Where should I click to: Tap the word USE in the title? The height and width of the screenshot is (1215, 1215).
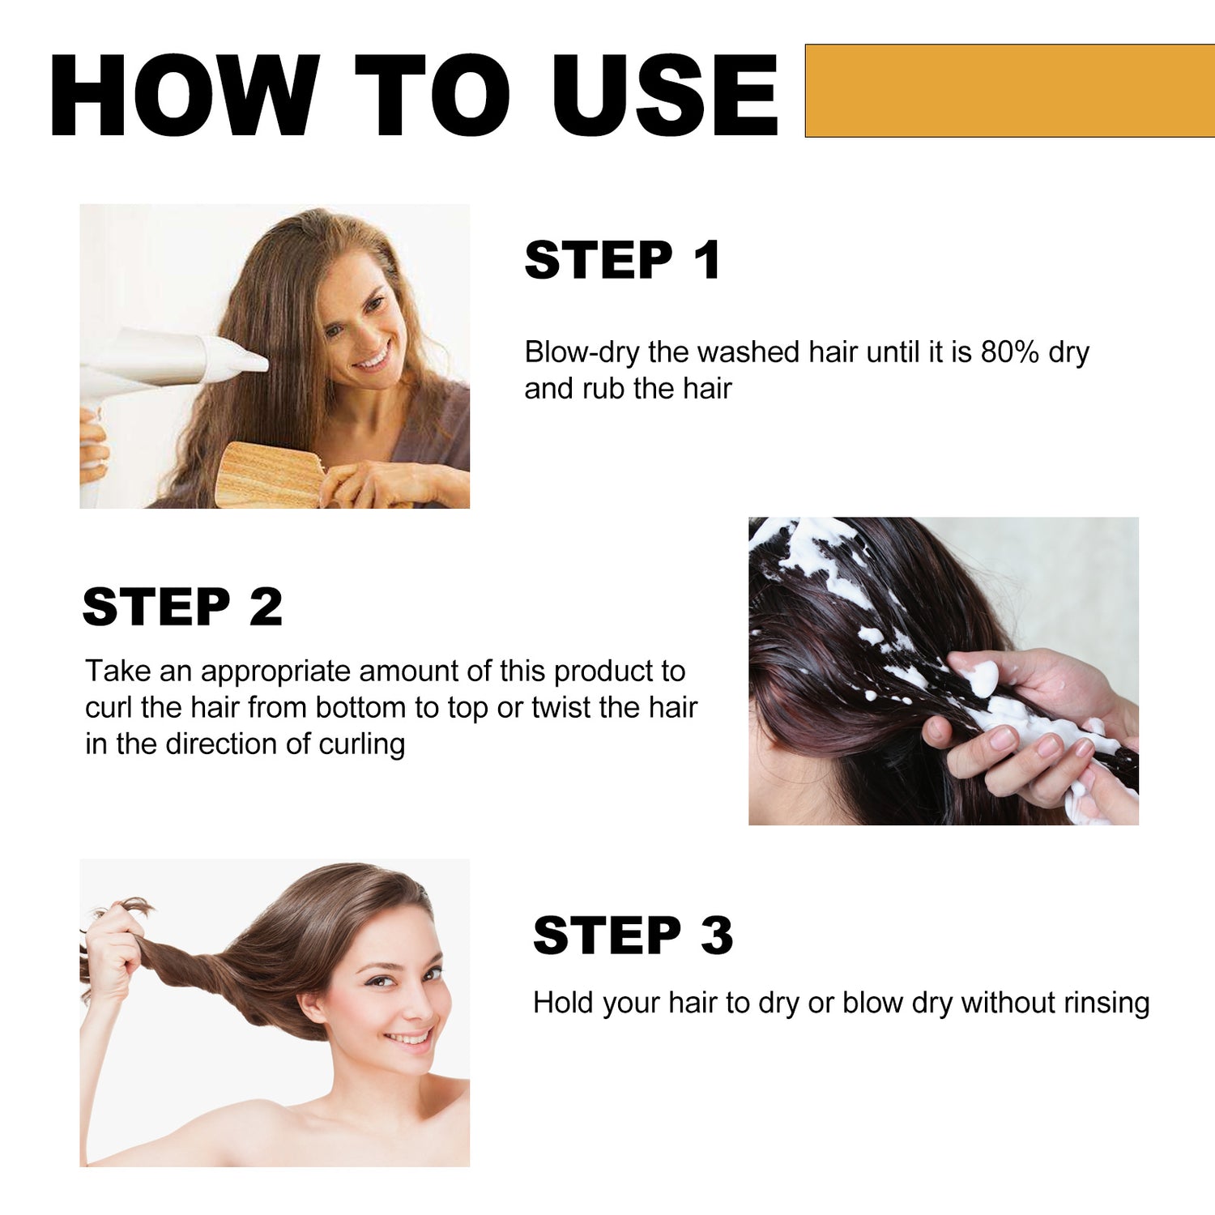665,95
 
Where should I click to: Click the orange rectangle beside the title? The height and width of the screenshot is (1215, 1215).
1010,91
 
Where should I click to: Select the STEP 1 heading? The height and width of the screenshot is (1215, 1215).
622,260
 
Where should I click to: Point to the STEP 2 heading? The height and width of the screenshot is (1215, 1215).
182,607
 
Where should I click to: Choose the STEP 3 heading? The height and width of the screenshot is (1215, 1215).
633,936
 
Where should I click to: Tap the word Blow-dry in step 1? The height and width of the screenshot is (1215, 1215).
582,353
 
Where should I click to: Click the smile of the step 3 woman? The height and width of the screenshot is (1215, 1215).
409,1038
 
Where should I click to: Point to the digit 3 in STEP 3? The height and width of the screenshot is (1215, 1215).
716,936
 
